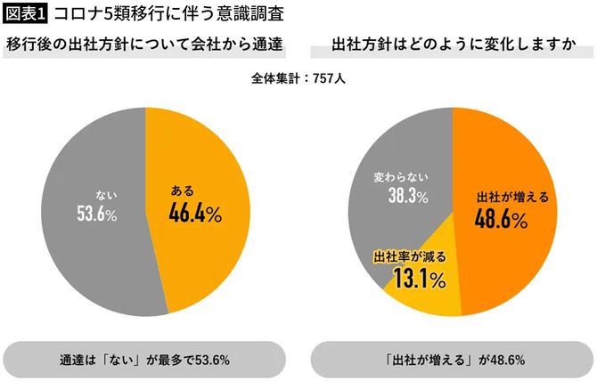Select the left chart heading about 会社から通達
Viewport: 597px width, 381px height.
tap(144, 45)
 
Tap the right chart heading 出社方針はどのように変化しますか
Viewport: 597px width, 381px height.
tap(452, 45)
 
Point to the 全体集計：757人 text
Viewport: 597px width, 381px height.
tap(298, 77)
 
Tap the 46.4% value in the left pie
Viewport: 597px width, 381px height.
tap(194, 214)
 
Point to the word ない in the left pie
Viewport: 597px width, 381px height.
tap(106, 192)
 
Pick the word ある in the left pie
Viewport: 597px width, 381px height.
tap(182, 190)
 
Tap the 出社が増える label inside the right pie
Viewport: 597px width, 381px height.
tap(506, 196)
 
